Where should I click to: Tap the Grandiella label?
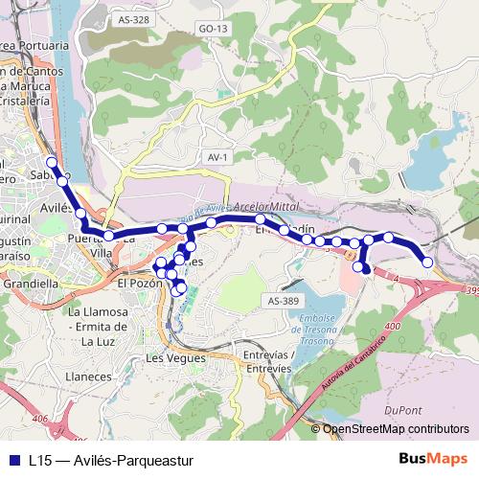click(32, 285)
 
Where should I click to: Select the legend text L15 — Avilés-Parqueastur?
click(111, 460)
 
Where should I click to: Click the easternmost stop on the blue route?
click(427, 262)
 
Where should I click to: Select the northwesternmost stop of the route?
click(52, 162)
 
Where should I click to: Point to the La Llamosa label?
click(102, 312)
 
